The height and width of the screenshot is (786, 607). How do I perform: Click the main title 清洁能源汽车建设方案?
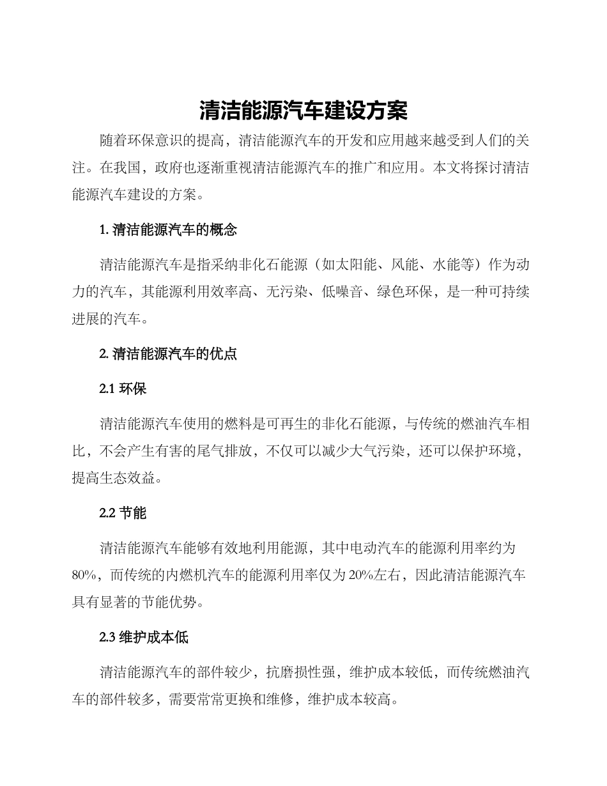coord(303,111)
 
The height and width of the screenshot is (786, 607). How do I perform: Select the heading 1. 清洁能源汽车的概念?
coord(168,231)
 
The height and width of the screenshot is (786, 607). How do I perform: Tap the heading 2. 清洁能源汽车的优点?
coord(168,354)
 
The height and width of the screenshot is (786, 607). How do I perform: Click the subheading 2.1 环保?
coord(123,388)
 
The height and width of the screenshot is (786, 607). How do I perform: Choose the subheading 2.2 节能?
coord(123,512)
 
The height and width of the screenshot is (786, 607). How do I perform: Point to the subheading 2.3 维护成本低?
coord(144,637)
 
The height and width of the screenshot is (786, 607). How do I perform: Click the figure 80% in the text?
coord(84,575)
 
